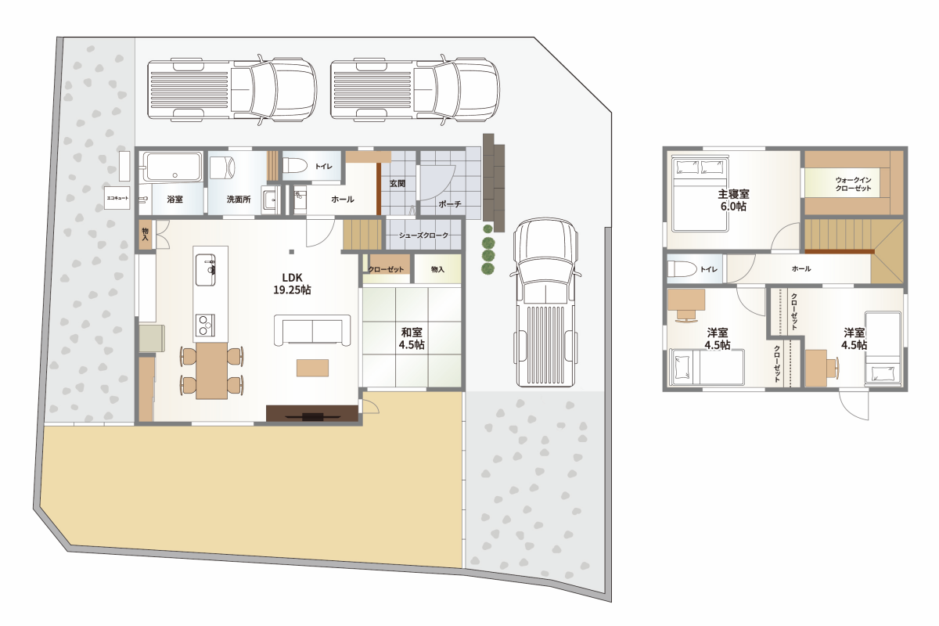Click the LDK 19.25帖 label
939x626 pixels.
click(292, 284)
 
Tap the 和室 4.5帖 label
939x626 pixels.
click(412, 339)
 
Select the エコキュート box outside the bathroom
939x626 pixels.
click(117, 198)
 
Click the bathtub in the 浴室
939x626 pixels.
click(172, 167)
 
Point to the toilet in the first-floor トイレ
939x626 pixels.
click(295, 165)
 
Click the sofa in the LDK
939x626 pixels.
click(312, 330)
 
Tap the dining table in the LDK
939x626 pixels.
click(211, 371)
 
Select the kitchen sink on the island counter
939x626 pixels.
click(205, 270)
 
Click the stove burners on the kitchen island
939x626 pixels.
click(205, 325)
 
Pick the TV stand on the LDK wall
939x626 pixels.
click(312, 413)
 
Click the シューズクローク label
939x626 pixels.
click(423, 236)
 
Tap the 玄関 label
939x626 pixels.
click(398, 184)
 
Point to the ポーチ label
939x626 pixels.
click(450, 204)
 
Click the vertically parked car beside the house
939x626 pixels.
click(546, 302)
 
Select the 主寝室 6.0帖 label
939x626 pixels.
click(733, 200)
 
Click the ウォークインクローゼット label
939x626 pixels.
click(853, 184)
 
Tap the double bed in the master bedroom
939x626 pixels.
click(700, 194)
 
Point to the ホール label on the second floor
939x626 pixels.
click(801, 268)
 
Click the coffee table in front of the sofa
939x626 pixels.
click(313, 368)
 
